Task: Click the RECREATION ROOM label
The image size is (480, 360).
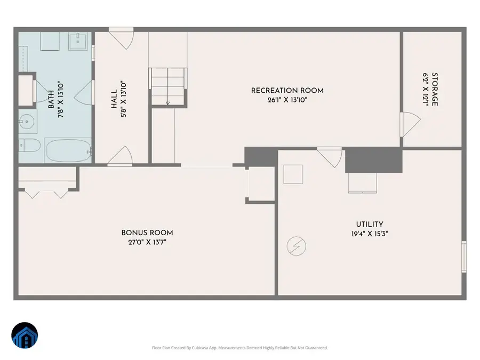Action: click(287, 91)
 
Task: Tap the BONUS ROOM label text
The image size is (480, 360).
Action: click(147, 233)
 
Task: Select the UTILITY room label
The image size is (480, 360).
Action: click(370, 225)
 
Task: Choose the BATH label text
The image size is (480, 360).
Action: click(51, 100)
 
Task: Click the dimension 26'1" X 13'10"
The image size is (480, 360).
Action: click(287, 100)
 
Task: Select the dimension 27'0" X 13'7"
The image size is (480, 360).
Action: click(147, 242)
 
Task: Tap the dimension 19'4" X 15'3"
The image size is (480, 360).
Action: click(370, 234)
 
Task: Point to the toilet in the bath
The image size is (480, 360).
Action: click(29, 146)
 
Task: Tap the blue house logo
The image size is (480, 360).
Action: click(25, 336)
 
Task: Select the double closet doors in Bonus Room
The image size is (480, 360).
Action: click(45, 193)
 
